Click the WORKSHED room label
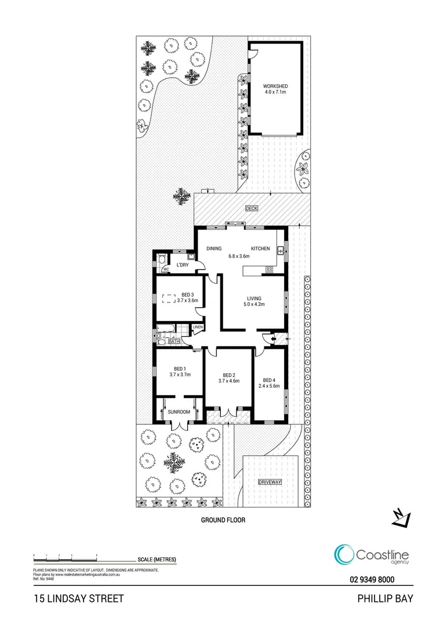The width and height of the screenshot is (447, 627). point(275,87)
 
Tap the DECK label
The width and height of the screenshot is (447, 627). point(251,208)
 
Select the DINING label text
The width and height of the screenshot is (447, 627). point(214,248)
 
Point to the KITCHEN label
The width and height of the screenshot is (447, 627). point(260,248)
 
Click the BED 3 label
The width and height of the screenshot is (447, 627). point(188,294)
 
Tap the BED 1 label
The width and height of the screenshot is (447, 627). point(180,368)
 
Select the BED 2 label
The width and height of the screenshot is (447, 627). point(228,375)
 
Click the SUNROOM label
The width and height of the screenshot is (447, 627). point(179,412)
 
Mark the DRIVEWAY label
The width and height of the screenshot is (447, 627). point(270,482)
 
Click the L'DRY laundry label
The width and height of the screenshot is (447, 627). point(183,265)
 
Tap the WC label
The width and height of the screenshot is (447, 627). point(165,269)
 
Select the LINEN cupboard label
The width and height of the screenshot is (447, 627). point(198,327)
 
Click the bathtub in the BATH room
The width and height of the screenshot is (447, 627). point(168,334)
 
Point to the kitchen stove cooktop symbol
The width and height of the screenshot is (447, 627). point(270,269)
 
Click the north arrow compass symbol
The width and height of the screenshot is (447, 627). point(401,517)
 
